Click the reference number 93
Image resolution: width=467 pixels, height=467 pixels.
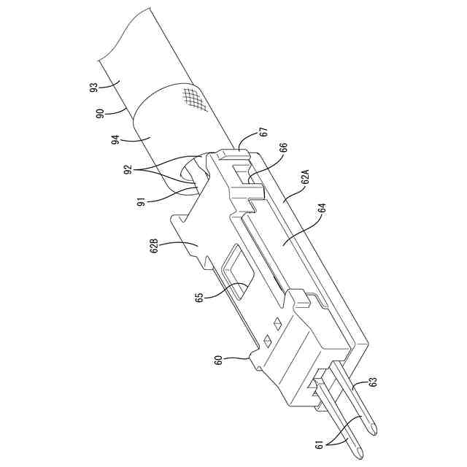pos(94,88)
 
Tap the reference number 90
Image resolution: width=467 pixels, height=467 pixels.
pos(101,114)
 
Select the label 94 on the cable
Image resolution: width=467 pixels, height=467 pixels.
pos(115,139)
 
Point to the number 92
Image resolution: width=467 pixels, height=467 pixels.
pos(128,169)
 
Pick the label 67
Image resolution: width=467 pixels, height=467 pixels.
pos(264,131)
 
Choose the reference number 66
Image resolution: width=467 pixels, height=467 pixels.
pos(283,148)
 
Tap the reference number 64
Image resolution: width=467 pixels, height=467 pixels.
pos(323,208)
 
